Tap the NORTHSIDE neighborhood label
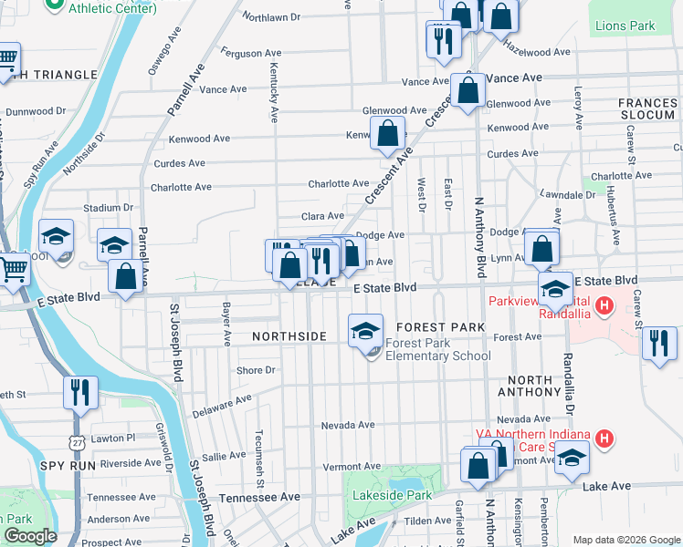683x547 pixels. (289, 336)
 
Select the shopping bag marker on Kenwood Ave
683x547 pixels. (387, 132)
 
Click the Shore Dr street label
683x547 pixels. (256, 370)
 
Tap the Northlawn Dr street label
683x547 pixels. (271, 16)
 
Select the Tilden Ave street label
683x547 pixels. (427, 521)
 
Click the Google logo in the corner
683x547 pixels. (31, 536)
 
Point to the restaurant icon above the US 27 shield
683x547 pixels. (79, 393)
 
